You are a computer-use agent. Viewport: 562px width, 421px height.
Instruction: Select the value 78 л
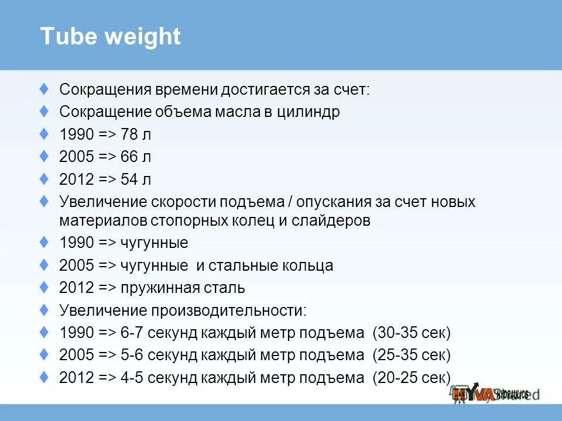136,134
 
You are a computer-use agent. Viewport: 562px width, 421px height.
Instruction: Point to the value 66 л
136,157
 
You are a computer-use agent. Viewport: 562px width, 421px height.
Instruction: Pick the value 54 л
136,179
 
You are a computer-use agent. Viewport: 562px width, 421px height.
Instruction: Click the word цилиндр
309,112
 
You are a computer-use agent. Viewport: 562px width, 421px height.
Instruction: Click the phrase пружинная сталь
183,288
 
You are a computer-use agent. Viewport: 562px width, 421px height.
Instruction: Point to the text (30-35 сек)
412,333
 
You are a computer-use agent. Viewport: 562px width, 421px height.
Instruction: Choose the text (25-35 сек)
412,355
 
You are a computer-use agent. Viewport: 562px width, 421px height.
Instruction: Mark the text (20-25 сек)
412,377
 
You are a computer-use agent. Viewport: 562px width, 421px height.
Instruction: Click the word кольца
307,265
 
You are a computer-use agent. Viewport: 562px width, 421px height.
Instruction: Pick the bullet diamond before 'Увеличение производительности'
44,309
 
